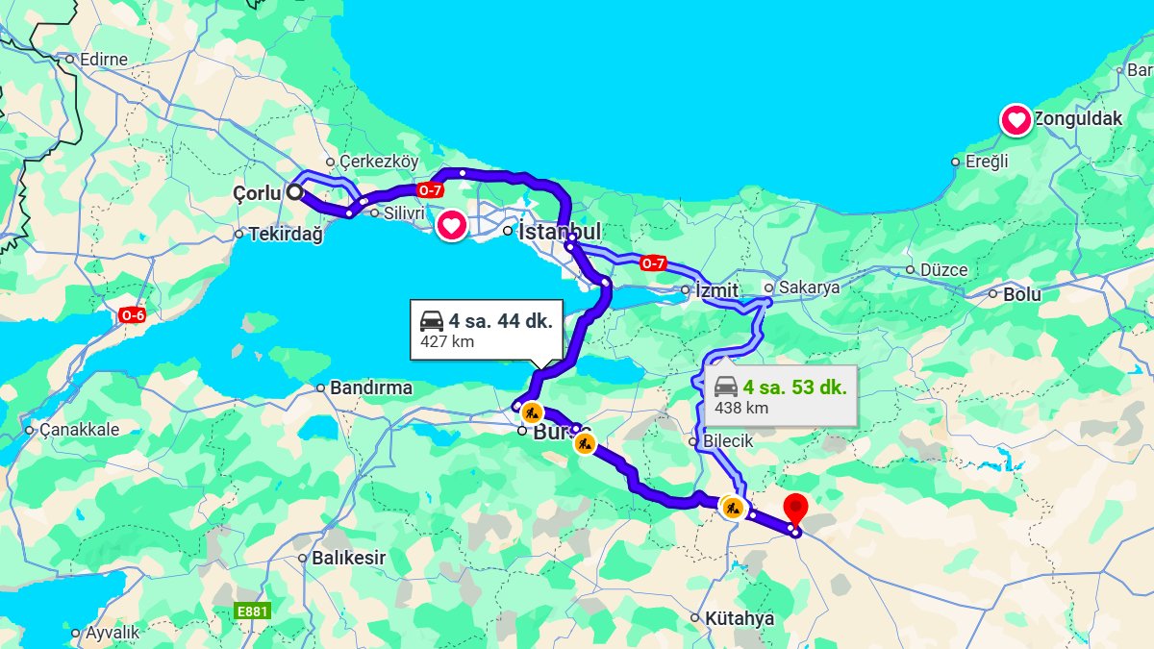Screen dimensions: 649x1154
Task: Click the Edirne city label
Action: (x=104, y=60)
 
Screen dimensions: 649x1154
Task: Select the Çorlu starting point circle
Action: (x=294, y=192)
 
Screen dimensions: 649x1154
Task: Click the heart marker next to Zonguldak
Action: (x=1016, y=120)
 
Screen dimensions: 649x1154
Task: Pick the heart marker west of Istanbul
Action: (x=452, y=226)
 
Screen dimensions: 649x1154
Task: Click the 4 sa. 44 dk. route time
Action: (x=500, y=321)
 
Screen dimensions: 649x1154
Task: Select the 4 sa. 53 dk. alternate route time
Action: (x=794, y=387)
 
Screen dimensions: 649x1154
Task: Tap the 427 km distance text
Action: (x=447, y=341)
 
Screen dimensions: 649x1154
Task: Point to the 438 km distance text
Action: (x=741, y=408)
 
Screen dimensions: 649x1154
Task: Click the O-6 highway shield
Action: (x=133, y=314)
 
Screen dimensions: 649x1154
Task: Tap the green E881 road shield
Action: (x=253, y=611)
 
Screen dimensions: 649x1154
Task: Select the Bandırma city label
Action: (x=370, y=388)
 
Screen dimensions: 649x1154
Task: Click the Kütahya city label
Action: (x=739, y=618)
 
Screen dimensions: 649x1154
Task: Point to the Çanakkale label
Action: (x=79, y=430)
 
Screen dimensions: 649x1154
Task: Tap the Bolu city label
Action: (x=1021, y=294)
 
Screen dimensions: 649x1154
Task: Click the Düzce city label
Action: (x=943, y=270)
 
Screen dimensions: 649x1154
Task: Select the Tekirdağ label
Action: (x=286, y=234)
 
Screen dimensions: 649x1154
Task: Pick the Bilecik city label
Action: (x=728, y=441)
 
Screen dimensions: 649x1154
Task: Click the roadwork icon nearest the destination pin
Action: (x=734, y=507)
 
